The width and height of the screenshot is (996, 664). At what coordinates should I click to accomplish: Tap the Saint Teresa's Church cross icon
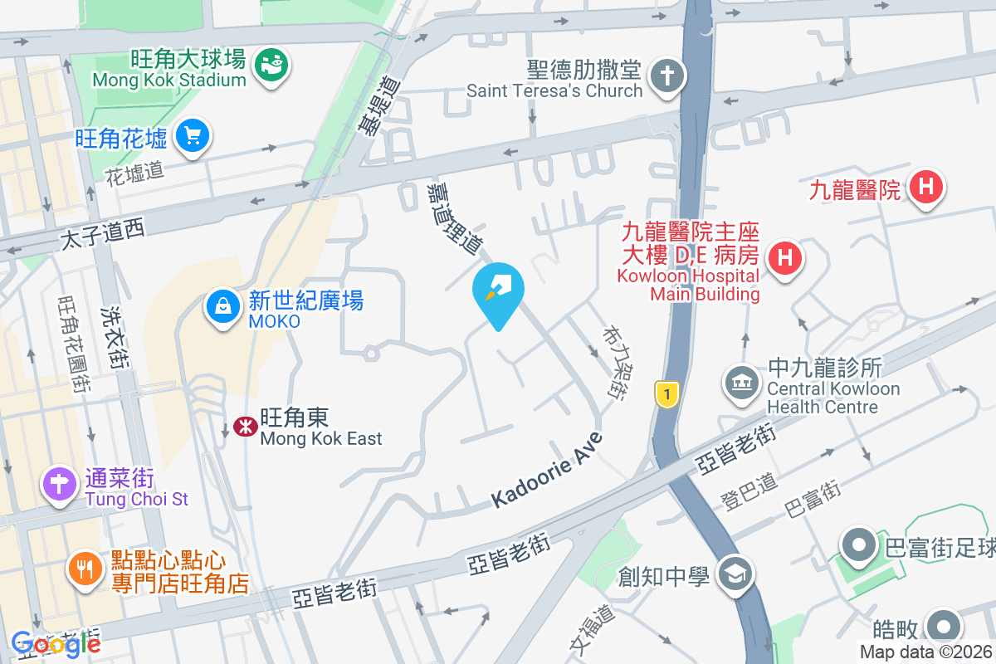[x=666, y=75]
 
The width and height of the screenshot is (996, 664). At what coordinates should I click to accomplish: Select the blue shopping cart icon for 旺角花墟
[x=192, y=134]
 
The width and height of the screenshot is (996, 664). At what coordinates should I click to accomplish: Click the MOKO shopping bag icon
[x=223, y=305]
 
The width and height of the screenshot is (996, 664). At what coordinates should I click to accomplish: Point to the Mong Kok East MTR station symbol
[x=244, y=427]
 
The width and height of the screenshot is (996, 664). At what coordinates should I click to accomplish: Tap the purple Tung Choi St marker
[x=59, y=483]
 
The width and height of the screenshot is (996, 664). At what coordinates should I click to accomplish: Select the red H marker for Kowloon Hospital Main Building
[x=784, y=255]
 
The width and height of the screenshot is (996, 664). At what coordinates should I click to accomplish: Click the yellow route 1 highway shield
[x=665, y=393]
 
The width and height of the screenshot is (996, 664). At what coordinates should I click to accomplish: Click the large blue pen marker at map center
[x=498, y=290]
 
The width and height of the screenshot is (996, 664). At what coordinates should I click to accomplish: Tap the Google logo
[x=56, y=643]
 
